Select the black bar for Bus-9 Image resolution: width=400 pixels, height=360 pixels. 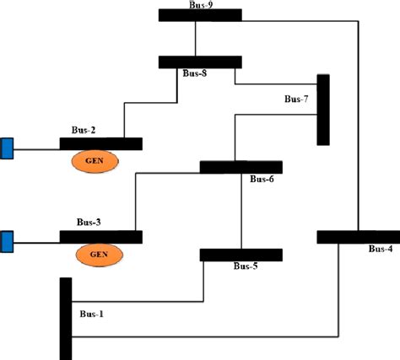point(200,15)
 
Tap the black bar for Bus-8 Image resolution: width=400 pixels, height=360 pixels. point(200,62)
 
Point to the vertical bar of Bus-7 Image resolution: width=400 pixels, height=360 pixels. point(322,110)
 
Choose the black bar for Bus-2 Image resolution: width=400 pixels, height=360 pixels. point(101,144)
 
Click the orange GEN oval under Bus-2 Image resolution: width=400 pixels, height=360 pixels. point(95,161)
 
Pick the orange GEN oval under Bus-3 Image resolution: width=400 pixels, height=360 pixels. point(95,253)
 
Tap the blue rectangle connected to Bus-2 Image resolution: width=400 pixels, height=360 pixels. point(7,148)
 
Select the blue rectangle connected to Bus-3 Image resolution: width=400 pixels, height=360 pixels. point(7,241)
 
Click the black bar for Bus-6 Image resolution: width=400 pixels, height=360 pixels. point(241,167)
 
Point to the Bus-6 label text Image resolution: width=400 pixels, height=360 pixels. point(262,179)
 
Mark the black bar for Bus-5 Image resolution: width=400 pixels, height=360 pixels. point(241,255)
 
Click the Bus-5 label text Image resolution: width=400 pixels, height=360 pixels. point(246,266)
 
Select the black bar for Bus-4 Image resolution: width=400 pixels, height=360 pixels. point(358,237)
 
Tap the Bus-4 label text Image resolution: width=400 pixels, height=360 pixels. point(381,249)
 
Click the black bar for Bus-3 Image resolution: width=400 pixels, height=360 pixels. point(101,237)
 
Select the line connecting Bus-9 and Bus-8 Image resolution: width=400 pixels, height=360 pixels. point(196,39)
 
